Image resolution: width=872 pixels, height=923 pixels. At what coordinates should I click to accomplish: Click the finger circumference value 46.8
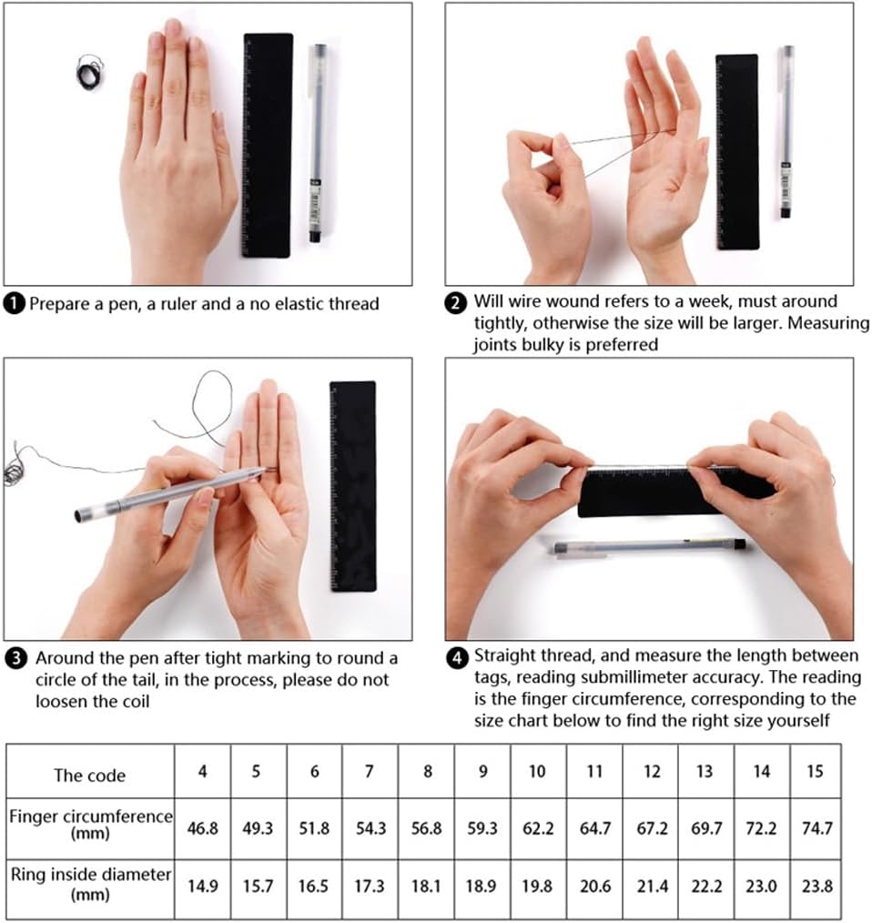pos(203,828)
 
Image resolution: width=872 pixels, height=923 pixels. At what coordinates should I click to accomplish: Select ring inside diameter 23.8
pos(816,886)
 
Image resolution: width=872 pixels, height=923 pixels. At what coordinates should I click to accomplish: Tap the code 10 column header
pos(537,771)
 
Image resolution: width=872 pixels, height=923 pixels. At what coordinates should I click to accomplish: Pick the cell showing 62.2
pos(538,828)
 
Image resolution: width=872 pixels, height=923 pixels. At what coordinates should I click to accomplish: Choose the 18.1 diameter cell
pos(426,886)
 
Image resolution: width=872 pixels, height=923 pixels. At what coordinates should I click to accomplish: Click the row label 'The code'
pos(89,776)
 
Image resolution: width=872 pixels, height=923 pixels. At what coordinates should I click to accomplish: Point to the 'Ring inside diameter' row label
pos(91,884)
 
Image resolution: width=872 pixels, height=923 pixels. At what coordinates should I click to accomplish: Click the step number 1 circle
pos(15,304)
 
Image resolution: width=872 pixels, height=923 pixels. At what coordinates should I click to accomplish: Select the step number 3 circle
pos(15,658)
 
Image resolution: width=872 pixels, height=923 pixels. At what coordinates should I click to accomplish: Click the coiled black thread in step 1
pos(90,73)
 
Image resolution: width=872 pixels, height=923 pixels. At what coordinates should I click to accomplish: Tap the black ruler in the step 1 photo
pos(268,146)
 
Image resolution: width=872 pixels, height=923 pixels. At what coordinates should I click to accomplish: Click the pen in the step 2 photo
pos(786,132)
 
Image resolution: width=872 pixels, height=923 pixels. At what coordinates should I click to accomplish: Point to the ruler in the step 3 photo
pos(352,486)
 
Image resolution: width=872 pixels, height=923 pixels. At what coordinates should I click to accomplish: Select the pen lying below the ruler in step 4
pos(649,547)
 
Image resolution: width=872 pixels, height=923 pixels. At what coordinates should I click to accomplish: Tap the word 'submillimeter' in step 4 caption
pos(610,677)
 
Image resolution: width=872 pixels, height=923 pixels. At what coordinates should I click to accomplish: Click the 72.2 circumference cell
pos(761,828)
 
